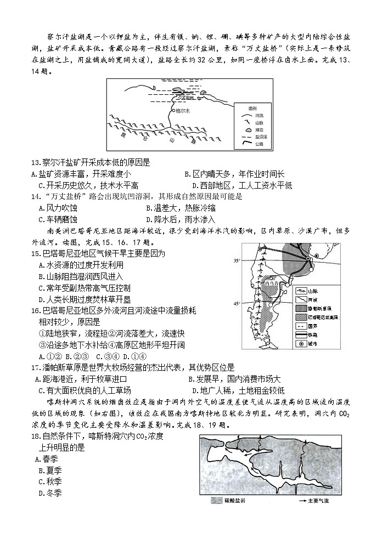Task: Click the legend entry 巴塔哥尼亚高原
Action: (x=327, y=317)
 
